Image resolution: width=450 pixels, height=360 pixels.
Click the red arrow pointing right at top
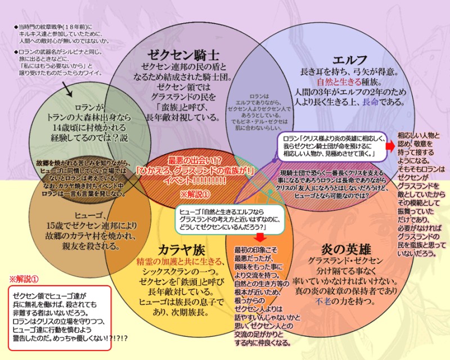tap(390, 145)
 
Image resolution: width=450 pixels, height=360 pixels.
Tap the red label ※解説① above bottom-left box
tap(26, 279)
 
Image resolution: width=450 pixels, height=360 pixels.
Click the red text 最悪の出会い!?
tap(195, 160)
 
